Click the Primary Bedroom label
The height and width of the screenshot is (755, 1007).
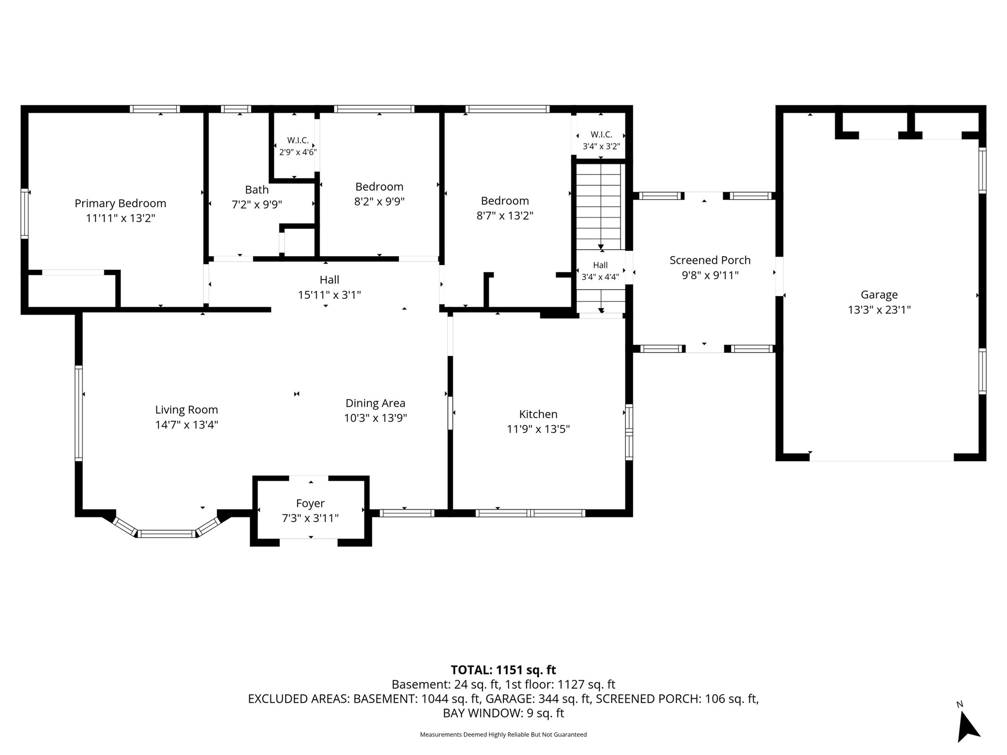pyautogui.click(x=120, y=203)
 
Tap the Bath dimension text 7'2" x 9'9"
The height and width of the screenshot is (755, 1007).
pyautogui.click(x=257, y=204)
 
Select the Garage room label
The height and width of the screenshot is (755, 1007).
pyautogui.click(x=879, y=295)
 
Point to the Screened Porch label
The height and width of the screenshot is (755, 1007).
pyautogui.click(x=710, y=260)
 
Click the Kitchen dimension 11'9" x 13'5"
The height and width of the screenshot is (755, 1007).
pyautogui.click(x=538, y=429)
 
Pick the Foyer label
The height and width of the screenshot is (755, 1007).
pyautogui.click(x=310, y=503)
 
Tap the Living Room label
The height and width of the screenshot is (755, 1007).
pyautogui.click(x=186, y=410)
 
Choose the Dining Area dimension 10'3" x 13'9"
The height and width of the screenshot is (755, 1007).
pyautogui.click(x=376, y=418)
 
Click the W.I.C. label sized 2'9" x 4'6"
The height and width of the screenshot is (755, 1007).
pyautogui.click(x=298, y=141)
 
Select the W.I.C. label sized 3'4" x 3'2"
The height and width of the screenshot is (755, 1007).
pyautogui.click(x=601, y=135)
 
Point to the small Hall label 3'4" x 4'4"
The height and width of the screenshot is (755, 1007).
pyautogui.click(x=600, y=265)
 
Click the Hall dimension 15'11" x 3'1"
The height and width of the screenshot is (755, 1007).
pyautogui.click(x=329, y=295)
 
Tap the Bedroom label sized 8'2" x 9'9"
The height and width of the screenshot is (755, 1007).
pyautogui.click(x=379, y=187)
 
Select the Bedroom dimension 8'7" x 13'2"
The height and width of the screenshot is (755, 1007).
pyautogui.click(x=505, y=216)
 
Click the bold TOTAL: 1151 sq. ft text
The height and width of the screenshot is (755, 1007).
pyautogui.click(x=503, y=670)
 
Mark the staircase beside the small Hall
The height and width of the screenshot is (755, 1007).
pyautogui.click(x=598, y=206)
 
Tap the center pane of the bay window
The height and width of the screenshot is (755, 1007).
pyautogui.click(x=166, y=534)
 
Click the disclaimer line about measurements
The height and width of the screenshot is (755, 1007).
pyautogui.click(x=503, y=734)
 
